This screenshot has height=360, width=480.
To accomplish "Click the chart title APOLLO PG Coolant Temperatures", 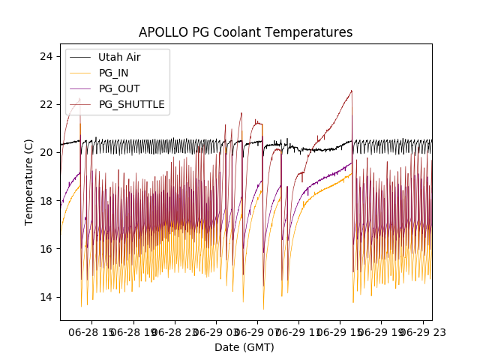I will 245,32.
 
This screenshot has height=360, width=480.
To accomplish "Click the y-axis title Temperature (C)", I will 29,182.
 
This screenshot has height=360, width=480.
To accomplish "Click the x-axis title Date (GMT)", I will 244,347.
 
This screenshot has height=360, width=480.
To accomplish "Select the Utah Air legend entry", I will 119,57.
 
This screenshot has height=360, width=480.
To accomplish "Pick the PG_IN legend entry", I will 114,73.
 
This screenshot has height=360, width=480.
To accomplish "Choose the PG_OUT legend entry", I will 118,88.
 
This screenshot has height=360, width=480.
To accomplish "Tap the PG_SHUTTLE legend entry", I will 131,104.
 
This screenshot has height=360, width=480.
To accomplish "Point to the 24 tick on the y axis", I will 46,56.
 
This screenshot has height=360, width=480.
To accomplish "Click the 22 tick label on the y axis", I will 46,104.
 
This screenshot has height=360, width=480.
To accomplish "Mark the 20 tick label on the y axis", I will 46,152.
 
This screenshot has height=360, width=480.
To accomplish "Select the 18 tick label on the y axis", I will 46,201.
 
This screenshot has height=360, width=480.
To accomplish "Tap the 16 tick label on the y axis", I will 46,249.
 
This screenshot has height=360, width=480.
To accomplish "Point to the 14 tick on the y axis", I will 46,297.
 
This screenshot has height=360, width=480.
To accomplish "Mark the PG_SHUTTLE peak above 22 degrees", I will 351,91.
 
